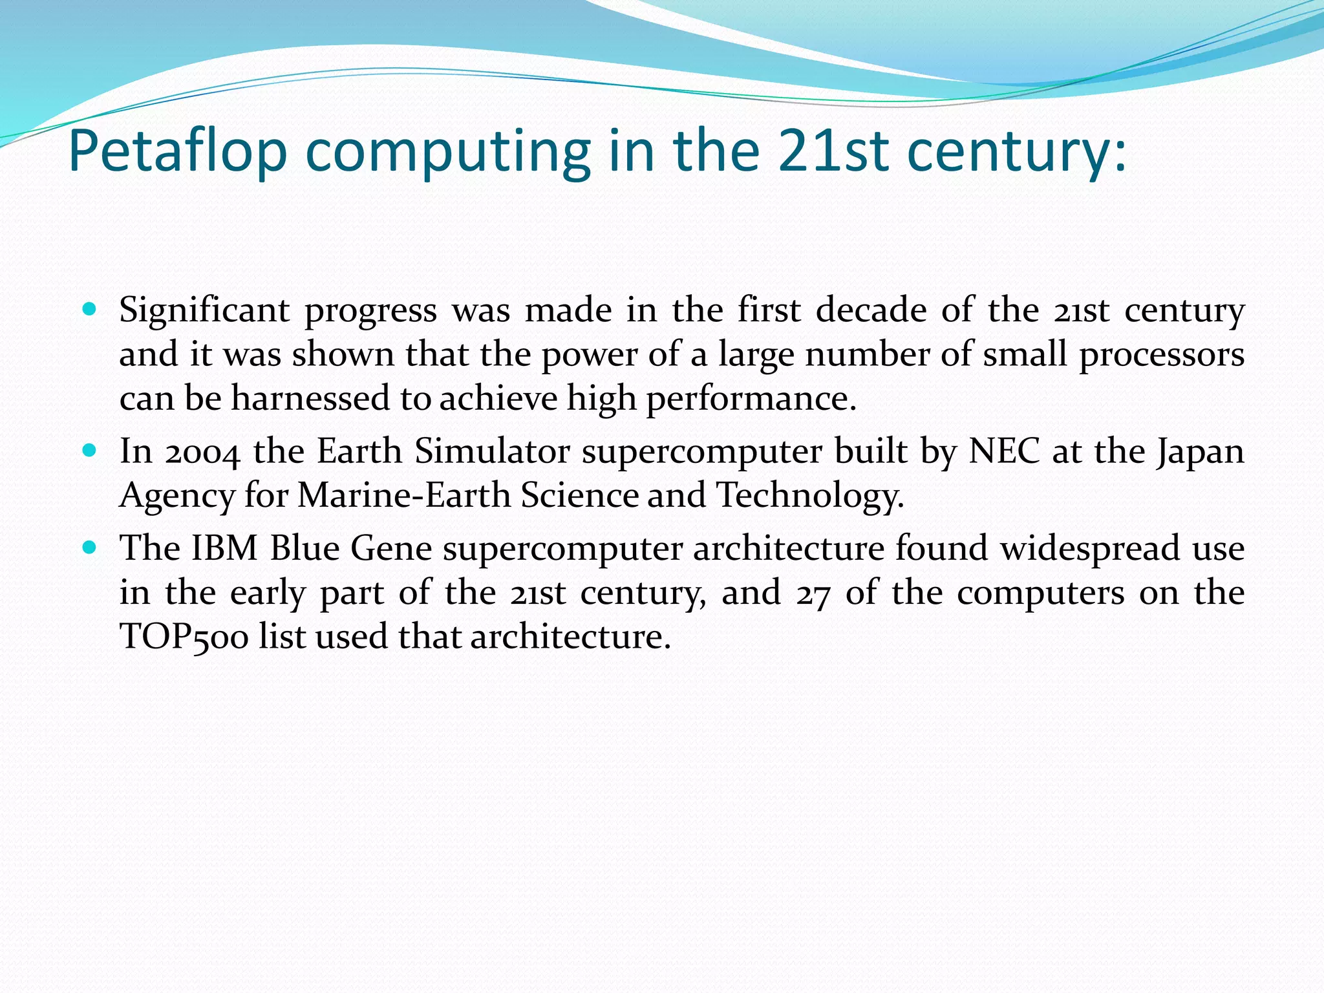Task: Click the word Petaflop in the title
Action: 177,152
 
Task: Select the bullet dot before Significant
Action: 90,308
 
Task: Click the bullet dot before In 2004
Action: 90,449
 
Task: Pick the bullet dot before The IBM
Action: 90,547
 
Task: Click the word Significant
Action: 204,310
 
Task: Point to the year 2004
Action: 202,451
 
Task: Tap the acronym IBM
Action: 224,548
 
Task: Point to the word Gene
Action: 391,548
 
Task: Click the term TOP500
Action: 184,637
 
